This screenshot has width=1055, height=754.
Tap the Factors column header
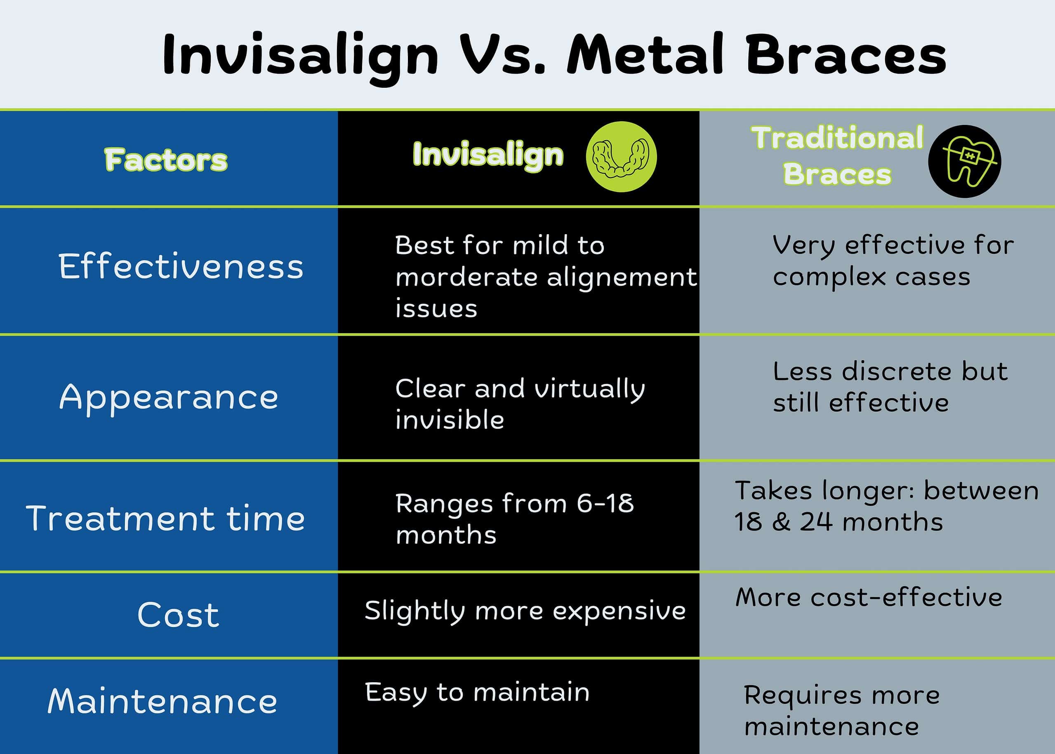point(166,160)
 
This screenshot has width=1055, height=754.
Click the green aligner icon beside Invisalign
point(621,157)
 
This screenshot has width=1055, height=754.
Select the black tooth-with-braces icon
point(964,161)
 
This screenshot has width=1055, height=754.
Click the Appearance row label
point(169,397)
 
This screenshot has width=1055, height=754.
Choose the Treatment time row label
point(165,518)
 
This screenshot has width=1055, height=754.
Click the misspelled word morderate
point(467,277)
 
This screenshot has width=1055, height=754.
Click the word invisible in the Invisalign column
point(450,420)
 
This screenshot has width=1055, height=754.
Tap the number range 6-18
point(605,503)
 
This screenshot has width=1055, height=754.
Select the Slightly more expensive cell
point(525,611)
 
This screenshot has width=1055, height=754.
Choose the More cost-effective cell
point(869,597)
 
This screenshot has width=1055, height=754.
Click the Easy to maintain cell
point(477,693)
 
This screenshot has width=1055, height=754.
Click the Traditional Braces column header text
point(837,156)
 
